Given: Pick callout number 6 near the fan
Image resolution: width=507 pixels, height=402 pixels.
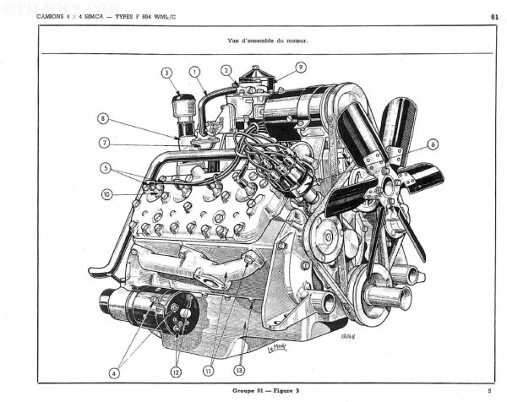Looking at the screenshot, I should click(433, 144).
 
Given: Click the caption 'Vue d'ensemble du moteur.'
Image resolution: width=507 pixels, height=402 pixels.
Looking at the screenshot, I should click(268, 41).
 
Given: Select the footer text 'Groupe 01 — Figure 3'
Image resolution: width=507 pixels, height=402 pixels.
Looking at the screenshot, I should click(267, 391).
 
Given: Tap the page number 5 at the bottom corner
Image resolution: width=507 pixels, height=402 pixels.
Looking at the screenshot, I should click(489, 391).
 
